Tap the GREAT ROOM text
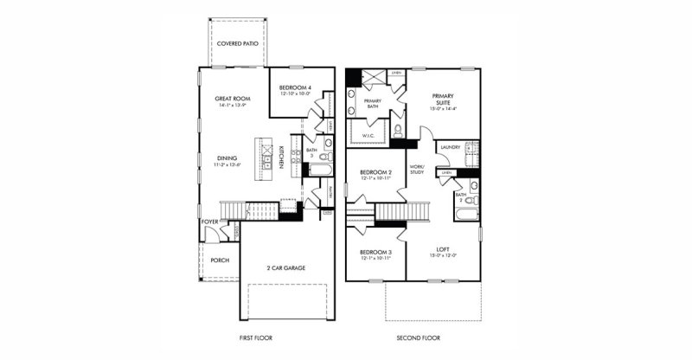coord(232,100)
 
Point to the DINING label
coord(228,158)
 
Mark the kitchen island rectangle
coord(260,158)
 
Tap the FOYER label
coord(210,222)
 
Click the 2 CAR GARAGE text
coord(285,267)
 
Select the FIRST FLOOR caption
coord(257,337)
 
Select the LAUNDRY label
coord(450,147)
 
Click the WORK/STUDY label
coord(417,169)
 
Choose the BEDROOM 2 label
coord(376,172)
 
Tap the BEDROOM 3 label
coord(376,252)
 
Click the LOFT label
coord(442,251)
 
